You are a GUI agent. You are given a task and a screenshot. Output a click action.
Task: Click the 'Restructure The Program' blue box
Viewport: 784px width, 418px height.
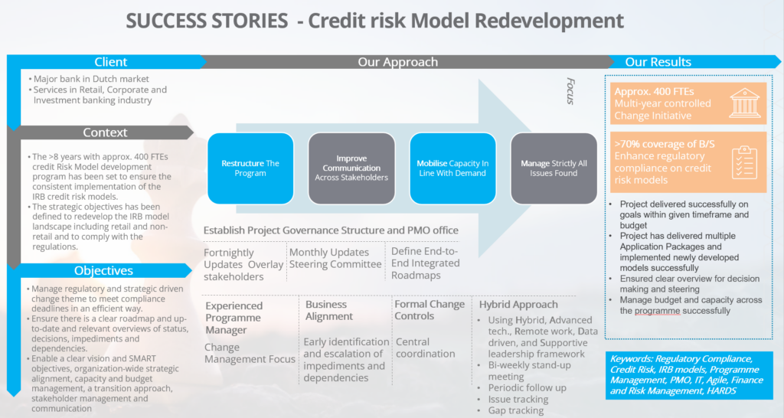point(250,168)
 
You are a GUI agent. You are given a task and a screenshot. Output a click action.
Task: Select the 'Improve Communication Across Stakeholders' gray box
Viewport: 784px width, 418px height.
point(351,168)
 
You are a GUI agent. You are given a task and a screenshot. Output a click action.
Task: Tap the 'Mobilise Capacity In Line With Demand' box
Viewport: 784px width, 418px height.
point(452,168)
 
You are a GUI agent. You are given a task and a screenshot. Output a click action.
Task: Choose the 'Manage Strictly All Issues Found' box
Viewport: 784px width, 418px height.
point(554,168)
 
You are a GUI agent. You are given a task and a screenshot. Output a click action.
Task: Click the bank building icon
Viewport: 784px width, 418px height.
point(744,103)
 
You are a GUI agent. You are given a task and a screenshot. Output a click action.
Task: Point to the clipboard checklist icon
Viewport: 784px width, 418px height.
point(744,162)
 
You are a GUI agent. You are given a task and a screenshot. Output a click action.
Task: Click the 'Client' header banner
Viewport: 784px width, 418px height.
point(106,62)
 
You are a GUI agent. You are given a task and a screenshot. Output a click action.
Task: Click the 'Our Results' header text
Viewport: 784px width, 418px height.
point(658,62)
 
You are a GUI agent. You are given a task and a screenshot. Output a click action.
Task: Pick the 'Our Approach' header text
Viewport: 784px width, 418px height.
point(397,62)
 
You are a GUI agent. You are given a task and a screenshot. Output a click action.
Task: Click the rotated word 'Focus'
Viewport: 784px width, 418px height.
point(570,91)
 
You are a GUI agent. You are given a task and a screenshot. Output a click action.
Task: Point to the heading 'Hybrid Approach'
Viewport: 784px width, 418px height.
point(518,305)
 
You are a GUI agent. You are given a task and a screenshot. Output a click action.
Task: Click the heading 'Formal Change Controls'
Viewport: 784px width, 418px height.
point(430,310)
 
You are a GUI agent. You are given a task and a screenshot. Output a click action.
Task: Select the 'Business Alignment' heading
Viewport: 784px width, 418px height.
point(329,310)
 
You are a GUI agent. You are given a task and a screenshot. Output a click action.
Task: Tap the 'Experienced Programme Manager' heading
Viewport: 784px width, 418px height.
point(234,318)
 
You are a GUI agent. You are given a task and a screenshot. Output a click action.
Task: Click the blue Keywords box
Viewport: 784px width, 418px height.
point(689,375)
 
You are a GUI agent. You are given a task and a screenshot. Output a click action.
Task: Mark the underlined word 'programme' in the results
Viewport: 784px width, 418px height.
point(657,311)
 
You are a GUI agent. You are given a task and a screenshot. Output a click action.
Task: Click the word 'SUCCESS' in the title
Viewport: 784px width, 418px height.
point(207,21)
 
